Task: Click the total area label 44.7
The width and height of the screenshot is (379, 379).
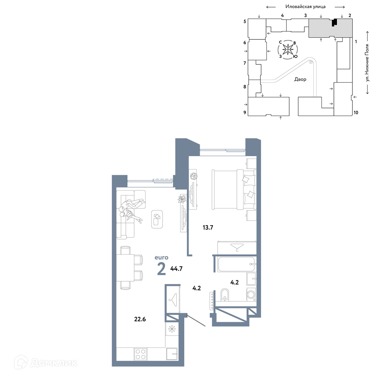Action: pyautogui.click(x=176, y=269)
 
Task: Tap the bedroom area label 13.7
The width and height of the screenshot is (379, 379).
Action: pyautogui.click(x=208, y=227)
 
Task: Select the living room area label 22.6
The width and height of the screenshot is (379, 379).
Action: pyautogui.click(x=140, y=319)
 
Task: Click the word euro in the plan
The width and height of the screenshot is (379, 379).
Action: pyautogui.click(x=161, y=258)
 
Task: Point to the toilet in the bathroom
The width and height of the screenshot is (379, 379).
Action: pyautogui.click(x=225, y=294)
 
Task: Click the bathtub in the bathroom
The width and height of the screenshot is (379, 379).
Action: pyautogui.click(x=236, y=264)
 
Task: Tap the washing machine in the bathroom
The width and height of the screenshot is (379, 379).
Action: pyautogui.click(x=251, y=294)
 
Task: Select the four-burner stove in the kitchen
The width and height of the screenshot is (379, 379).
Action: pyautogui.click(x=141, y=354)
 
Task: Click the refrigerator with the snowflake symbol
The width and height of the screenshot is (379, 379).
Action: pyautogui.click(x=172, y=329)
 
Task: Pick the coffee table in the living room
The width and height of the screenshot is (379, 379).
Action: pyautogui.click(x=157, y=219)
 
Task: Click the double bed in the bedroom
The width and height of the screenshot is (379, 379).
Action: pyautogui.click(x=234, y=189)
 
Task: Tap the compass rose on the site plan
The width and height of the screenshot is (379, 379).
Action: pyautogui.click(x=288, y=50)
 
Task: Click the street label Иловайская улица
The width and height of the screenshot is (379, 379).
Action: pyautogui.click(x=305, y=6)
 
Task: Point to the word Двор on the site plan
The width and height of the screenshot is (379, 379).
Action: pyautogui.click(x=300, y=79)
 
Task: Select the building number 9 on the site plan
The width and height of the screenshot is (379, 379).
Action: pyautogui.click(x=244, y=113)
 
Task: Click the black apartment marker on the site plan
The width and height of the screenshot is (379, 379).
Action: pyautogui.click(x=334, y=22)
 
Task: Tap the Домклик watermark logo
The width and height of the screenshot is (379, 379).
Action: pyautogui.click(x=45, y=363)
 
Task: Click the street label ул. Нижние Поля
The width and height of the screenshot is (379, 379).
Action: pyautogui.click(x=367, y=63)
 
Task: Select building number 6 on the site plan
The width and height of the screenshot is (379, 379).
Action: pyautogui.click(x=244, y=42)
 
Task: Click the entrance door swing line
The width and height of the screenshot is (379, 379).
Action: pyautogui.click(x=196, y=320)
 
